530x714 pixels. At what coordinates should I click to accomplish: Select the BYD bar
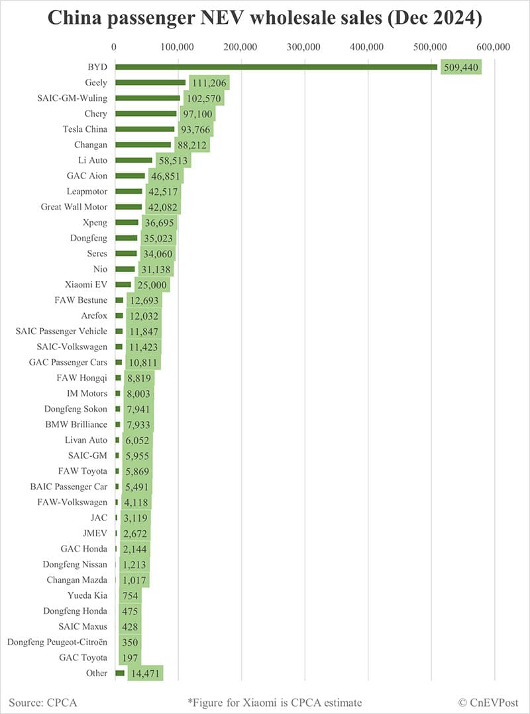coord(276,67)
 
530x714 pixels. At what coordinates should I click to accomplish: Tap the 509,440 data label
coord(461,68)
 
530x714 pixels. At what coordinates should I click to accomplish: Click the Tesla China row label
coord(85,129)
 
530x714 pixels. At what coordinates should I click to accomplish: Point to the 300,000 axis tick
coord(304,47)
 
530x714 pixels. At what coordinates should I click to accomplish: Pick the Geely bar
coord(150,82)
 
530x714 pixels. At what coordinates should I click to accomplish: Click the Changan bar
coord(143,145)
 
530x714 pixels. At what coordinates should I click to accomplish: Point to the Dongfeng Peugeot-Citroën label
coord(57,642)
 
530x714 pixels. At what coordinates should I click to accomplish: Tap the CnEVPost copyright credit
coord(488,701)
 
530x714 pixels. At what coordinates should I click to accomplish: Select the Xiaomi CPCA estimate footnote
coord(275,701)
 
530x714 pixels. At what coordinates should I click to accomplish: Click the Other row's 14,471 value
coord(145,674)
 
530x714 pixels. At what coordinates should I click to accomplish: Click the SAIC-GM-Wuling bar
coord(148,98)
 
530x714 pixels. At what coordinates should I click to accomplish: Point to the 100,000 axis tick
coord(178,47)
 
